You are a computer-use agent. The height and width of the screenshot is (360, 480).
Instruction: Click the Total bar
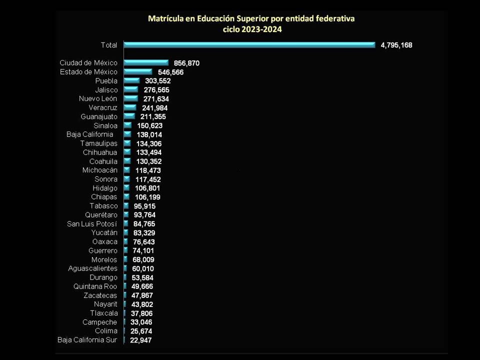pos(249,45)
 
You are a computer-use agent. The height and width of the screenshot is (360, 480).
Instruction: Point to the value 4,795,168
pos(396,45)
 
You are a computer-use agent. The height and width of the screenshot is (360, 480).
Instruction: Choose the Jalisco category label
pos(106,90)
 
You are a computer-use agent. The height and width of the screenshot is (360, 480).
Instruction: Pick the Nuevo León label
pos(98,98)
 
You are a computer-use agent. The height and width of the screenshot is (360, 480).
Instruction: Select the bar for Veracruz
pos(130,107)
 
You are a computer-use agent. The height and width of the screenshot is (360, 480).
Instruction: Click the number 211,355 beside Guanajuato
pos(153,116)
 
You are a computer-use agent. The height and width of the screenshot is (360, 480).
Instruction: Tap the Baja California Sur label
pos(87,340)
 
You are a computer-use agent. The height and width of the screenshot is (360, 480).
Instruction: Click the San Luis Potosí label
pos(92,224)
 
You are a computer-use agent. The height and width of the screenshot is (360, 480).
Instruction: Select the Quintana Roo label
pos(95,286)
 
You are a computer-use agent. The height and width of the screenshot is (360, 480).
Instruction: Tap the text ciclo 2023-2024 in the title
pos(252,29)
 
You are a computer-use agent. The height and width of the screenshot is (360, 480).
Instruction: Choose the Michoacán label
pos(100,170)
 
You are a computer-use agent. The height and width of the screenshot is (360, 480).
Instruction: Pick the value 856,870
pos(186,63)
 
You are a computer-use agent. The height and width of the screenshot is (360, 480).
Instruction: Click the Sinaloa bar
pos(127,125)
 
